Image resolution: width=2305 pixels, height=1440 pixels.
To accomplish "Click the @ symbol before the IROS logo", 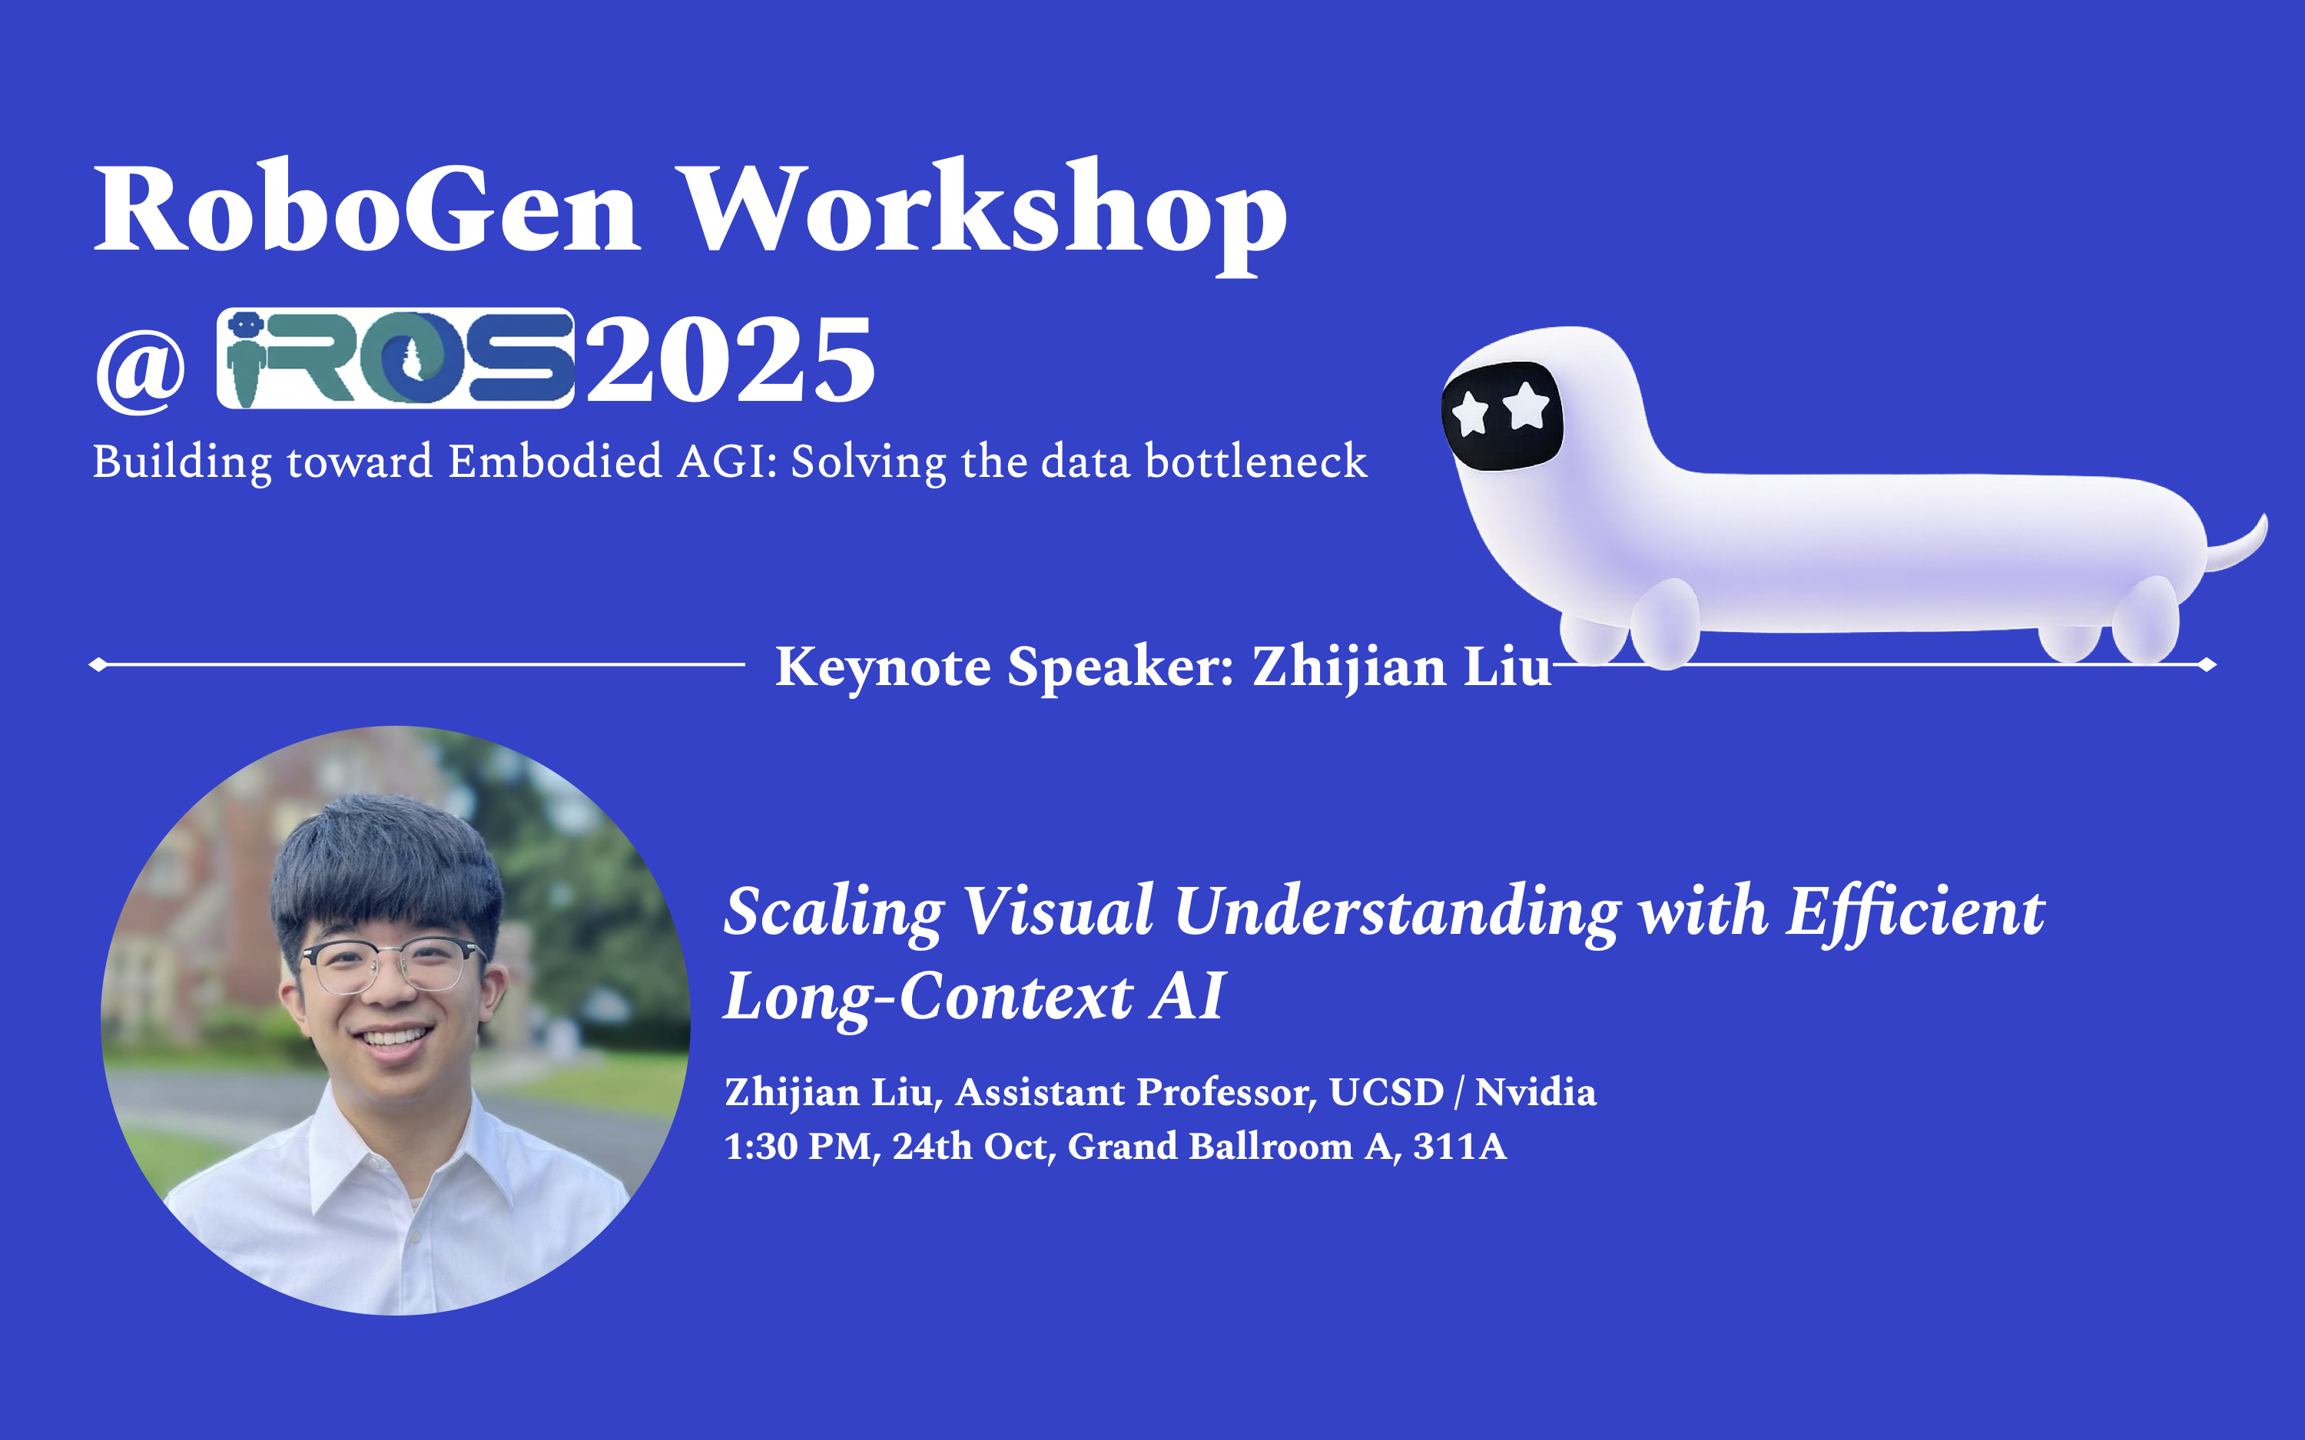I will pos(141,366).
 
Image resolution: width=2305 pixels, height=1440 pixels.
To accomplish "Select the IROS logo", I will pos(395,358).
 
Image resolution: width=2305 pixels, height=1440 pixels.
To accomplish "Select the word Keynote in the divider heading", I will pos(883,666).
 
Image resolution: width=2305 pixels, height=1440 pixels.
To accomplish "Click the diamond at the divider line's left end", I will pos(97,665).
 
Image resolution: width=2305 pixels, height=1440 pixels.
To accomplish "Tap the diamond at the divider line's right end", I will pos(2208,665).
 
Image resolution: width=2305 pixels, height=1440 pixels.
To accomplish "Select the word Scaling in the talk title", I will pos(834,912).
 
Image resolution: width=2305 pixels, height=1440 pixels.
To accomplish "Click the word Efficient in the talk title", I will pos(1915,912).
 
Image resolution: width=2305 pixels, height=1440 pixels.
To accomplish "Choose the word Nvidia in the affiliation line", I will pos(1535,1091).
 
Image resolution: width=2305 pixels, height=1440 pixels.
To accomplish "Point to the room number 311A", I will pos(1459,1146).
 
